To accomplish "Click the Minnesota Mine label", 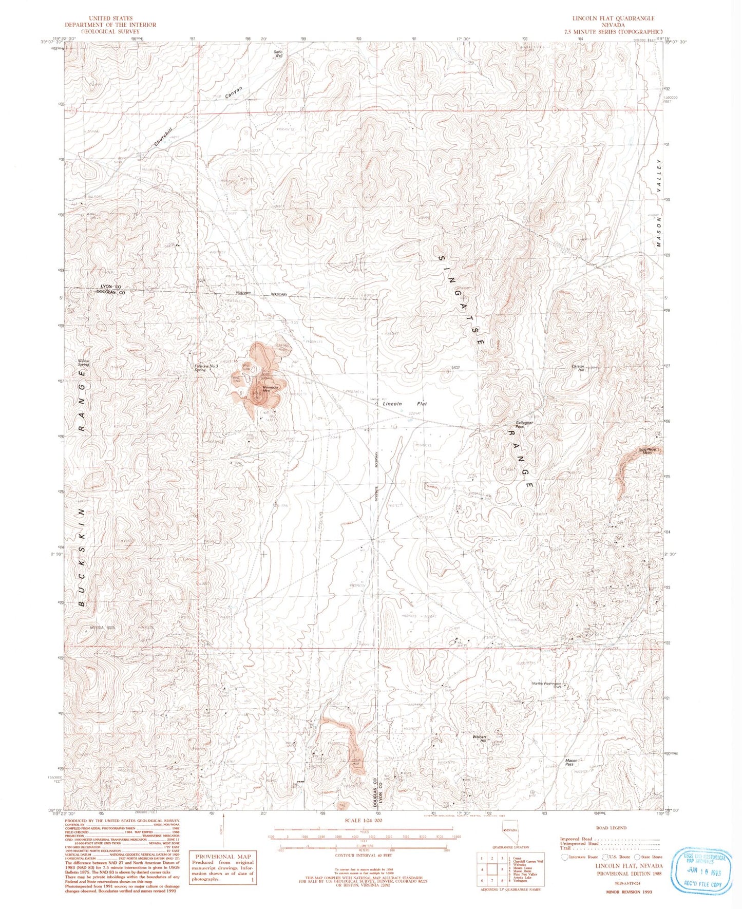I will (270, 389).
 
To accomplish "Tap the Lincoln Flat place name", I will (405, 404).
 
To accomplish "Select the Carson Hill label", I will (578, 368).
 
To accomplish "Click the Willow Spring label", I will (83, 363).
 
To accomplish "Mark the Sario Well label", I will (278, 53).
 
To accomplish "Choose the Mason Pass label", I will (572, 762).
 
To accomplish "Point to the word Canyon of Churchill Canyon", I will (234, 93).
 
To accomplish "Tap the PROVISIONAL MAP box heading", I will (222, 856).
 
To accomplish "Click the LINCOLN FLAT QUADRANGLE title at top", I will (614, 18).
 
